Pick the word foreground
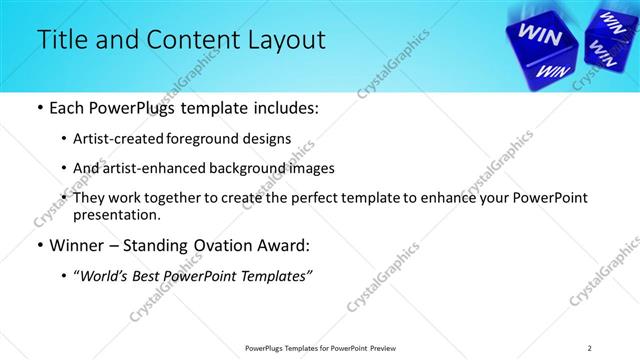coord(211,139)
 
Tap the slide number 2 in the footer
coord(590,347)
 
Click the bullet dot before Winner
coord(38,245)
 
